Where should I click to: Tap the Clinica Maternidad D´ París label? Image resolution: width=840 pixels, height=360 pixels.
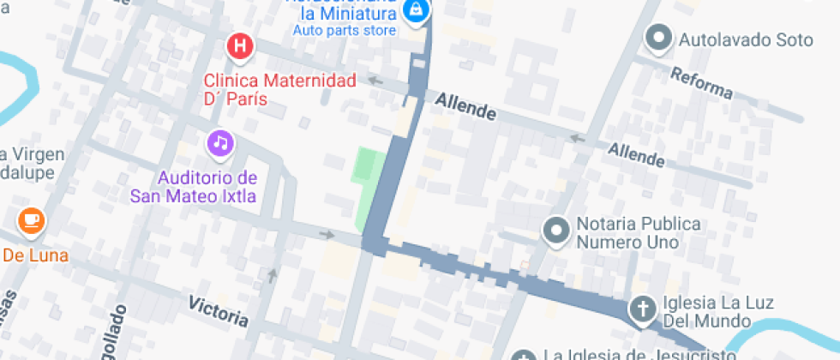point(267,90)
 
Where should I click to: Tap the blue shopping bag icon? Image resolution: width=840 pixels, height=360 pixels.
point(416,11)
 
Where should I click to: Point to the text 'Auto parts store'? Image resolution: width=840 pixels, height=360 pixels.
point(345,31)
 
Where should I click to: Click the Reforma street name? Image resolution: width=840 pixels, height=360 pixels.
point(702,83)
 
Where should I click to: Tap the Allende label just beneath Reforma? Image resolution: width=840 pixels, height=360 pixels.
point(636,155)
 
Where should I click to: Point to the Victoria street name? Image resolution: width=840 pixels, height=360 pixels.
point(219,311)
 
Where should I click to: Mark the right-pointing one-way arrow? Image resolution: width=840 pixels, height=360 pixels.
point(327,234)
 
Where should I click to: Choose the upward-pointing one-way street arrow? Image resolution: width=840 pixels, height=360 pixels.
point(273,275)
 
